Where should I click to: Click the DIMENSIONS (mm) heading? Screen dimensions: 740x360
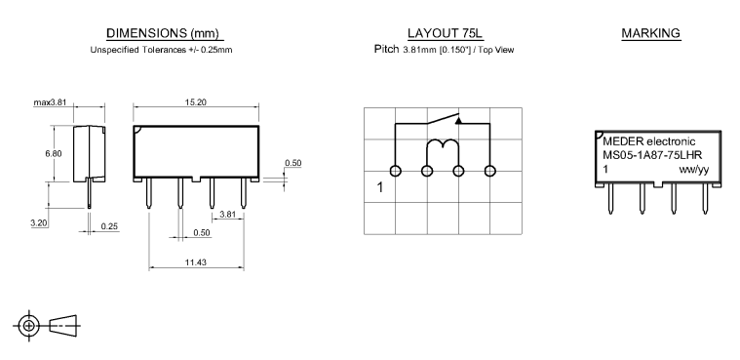pos(163,33)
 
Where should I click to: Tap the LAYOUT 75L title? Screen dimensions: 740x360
pos(445,33)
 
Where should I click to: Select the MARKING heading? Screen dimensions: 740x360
pos(651,33)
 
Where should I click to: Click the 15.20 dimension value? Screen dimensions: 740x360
pos(195,102)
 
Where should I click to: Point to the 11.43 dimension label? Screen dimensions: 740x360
pos(195,262)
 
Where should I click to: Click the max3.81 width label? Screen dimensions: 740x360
pos(50,102)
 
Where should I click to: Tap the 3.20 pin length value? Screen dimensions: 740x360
pos(39,223)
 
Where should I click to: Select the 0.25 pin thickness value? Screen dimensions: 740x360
pos(109,226)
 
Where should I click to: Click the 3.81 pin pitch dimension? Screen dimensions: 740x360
pos(227,215)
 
